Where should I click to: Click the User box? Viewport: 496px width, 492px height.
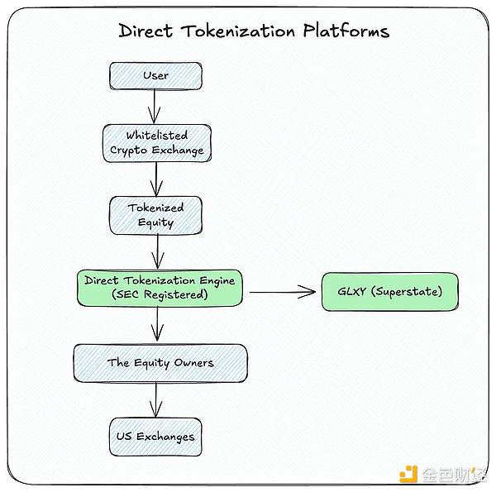[x=155, y=76]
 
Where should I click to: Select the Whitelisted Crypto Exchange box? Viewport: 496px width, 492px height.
[x=155, y=143]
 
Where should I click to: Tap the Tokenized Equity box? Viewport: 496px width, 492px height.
[x=155, y=215]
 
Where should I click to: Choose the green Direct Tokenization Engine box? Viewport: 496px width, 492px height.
[x=160, y=288]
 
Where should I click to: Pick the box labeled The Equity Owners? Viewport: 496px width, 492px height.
[x=160, y=363]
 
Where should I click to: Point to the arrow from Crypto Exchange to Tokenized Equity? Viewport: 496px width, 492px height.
[x=155, y=177]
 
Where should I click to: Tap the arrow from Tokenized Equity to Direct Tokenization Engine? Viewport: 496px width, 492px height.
[x=155, y=251]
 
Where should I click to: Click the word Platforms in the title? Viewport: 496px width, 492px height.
[x=344, y=31]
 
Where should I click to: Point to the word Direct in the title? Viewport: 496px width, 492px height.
[x=146, y=31]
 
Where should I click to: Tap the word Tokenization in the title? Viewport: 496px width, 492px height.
[x=237, y=31]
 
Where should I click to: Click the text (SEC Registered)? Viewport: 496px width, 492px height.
[x=160, y=295]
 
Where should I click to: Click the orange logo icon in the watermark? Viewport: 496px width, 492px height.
[x=408, y=475]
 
